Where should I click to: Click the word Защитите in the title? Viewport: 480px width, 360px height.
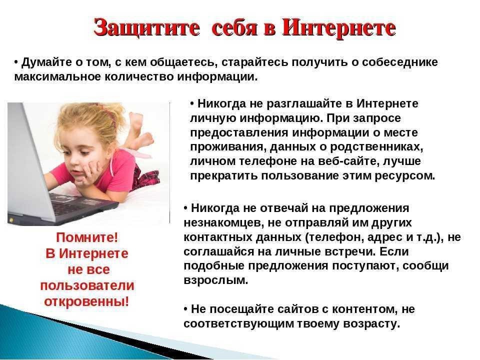(146, 28)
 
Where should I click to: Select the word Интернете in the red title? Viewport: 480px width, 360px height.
(339, 27)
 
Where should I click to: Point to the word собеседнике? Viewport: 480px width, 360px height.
(400, 62)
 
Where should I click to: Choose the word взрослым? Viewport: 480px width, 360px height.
(216, 280)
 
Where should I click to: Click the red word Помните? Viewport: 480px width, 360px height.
(87, 237)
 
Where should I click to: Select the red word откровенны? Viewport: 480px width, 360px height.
(86, 301)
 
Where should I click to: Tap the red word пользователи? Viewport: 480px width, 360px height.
(87, 285)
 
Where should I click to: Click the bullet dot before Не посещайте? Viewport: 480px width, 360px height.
(185, 309)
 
